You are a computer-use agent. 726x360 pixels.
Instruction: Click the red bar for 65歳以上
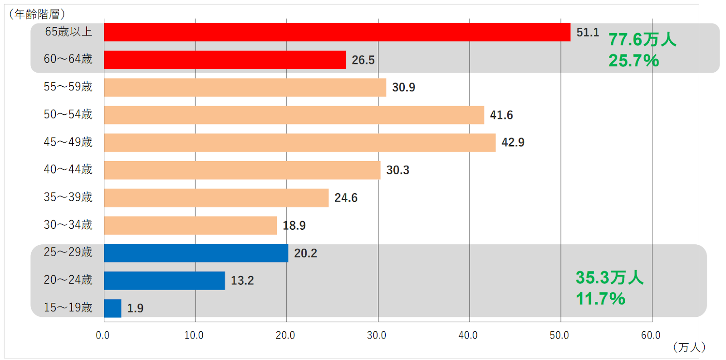337,32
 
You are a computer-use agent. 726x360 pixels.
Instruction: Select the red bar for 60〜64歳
225,60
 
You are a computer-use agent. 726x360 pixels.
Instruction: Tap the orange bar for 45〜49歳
299,143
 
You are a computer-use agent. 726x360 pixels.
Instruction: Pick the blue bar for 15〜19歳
113,308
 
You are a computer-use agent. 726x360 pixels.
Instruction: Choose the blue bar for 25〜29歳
196,253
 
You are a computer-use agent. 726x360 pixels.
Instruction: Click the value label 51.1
588,33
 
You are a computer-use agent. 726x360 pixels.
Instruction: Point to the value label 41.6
501,115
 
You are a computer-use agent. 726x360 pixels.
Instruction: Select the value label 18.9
294,226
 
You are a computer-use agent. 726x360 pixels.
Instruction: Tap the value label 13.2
242,281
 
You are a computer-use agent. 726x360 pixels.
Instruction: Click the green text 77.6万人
642,40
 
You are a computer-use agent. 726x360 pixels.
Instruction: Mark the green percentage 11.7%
600,299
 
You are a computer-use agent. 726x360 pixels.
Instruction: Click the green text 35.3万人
609,277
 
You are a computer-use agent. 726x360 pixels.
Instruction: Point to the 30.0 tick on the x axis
377,335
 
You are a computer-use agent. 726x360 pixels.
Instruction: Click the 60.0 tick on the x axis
651,335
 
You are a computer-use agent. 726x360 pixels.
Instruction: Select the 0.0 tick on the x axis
103,335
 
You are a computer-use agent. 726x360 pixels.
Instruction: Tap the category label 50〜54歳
68,114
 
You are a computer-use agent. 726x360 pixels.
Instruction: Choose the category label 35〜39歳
68,197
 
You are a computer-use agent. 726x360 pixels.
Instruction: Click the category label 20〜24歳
68,280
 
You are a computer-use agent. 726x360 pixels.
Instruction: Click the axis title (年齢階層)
37,14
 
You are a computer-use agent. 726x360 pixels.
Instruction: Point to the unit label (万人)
689,347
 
